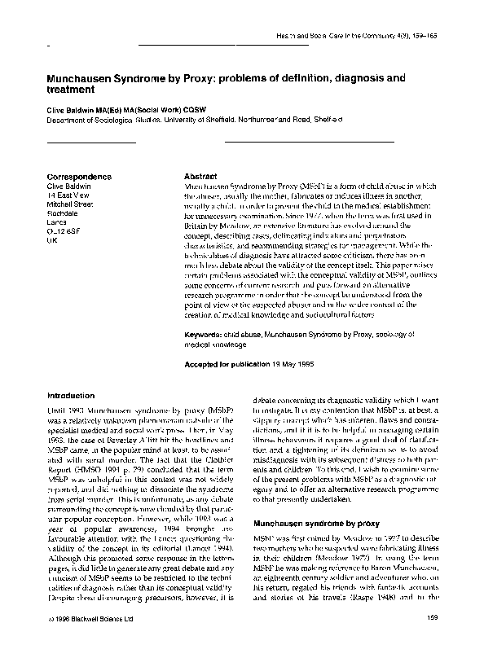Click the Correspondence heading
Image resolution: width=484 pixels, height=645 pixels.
[80, 176]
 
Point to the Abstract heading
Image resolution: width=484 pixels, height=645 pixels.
[200, 176]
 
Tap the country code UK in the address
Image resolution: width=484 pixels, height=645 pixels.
[53, 242]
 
